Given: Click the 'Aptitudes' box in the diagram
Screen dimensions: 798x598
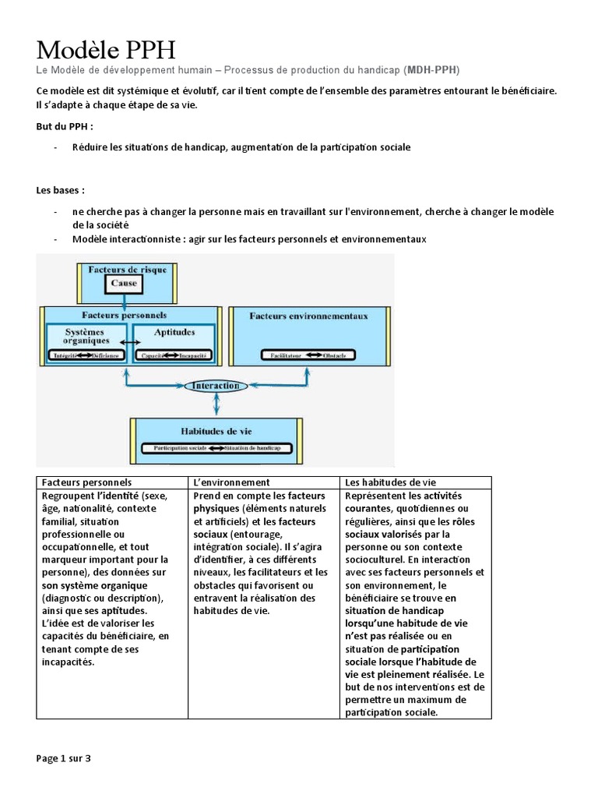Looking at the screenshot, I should click(x=174, y=332).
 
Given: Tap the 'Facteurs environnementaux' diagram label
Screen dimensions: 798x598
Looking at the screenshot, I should click(x=308, y=316).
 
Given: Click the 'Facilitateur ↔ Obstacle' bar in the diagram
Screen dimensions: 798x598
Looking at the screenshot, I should click(x=308, y=355).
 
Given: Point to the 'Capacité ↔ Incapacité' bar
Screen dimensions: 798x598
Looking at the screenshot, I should click(x=174, y=356).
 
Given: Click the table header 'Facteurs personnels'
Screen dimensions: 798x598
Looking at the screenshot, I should click(x=86, y=483).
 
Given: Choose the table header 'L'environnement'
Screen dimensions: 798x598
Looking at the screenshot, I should click(x=231, y=483).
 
